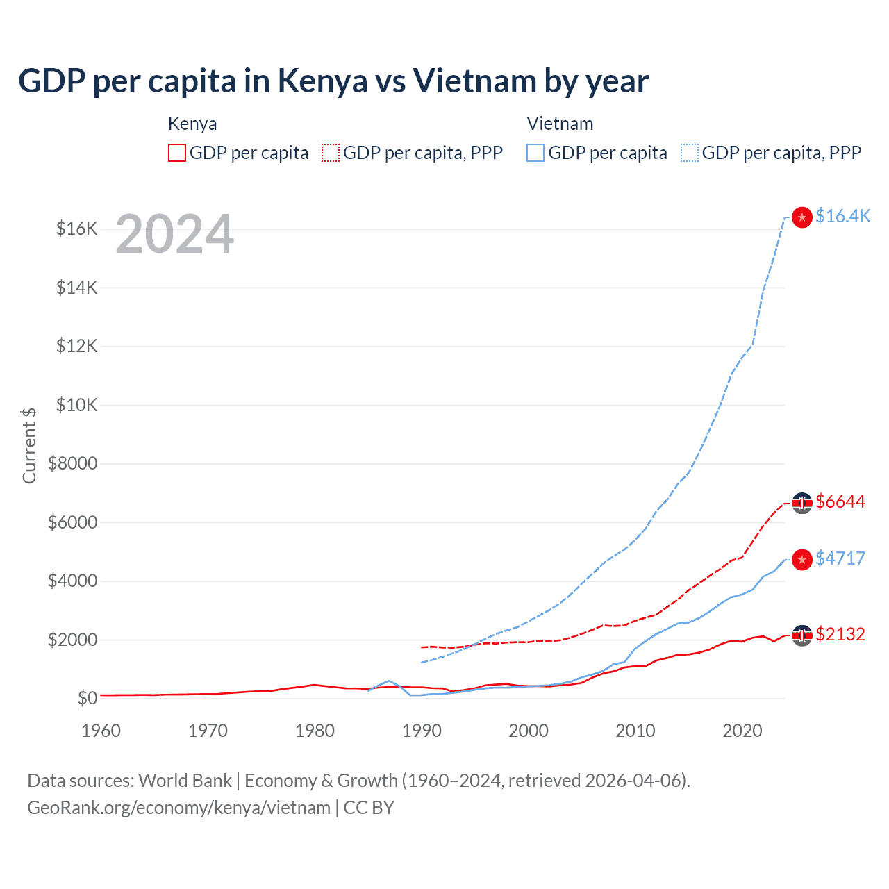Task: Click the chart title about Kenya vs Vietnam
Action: (x=333, y=81)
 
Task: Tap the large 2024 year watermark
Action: (x=174, y=234)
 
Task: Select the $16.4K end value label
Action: (x=842, y=216)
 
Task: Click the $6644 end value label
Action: (x=840, y=501)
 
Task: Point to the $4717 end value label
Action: (x=840, y=558)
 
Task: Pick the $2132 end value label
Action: (x=840, y=634)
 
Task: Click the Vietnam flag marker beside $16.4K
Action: (x=802, y=217)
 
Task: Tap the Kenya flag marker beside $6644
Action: (x=802, y=503)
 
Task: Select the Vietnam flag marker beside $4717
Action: (x=802, y=560)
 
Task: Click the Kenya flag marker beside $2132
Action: (x=802, y=635)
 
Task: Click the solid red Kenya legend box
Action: (x=177, y=153)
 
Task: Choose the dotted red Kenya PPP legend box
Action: (x=331, y=153)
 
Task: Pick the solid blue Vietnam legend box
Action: (x=535, y=153)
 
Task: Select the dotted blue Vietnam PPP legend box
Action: (x=690, y=153)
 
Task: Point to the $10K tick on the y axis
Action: (x=76, y=405)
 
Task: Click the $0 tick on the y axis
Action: (x=87, y=698)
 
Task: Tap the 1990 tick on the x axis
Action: (x=422, y=731)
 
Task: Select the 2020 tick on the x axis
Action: (x=742, y=731)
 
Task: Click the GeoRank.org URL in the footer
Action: (x=178, y=808)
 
